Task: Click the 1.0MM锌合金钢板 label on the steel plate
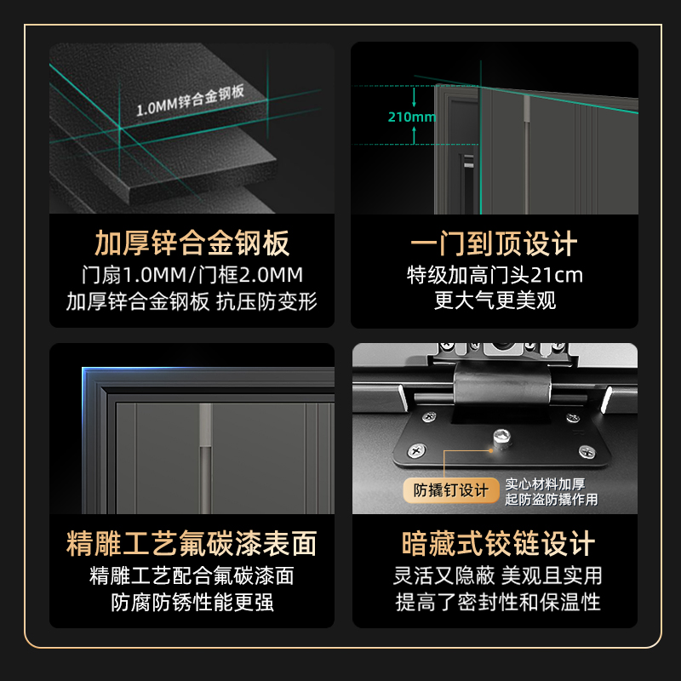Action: tap(190, 100)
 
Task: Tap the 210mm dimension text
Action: tap(412, 117)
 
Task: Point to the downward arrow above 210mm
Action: tap(414, 97)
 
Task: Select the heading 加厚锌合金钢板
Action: tap(192, 243)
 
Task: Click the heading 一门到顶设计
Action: tap(495, 243)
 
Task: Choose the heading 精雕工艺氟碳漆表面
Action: tap(192, 543)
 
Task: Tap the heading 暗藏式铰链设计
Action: tap(498, 543)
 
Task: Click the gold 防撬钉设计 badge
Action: tap(451, 490)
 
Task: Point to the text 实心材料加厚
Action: tap(545, 484)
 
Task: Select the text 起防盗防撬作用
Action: tap(551, 500)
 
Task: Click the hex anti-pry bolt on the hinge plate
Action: tap(501, 438)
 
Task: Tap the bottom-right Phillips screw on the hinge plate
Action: tap(587, 452)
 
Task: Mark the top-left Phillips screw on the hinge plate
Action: tap(430, 417)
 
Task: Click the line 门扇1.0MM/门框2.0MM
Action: tap(192, 275)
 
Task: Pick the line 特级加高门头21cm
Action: tap(495, 275)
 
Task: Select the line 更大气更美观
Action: tap(495, 300)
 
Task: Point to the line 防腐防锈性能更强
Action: tap(192, 603)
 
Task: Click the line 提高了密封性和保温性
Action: tap(498, 602)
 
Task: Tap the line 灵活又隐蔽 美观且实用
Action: tap(498, 576)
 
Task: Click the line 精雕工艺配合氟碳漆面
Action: tap(192, 576)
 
